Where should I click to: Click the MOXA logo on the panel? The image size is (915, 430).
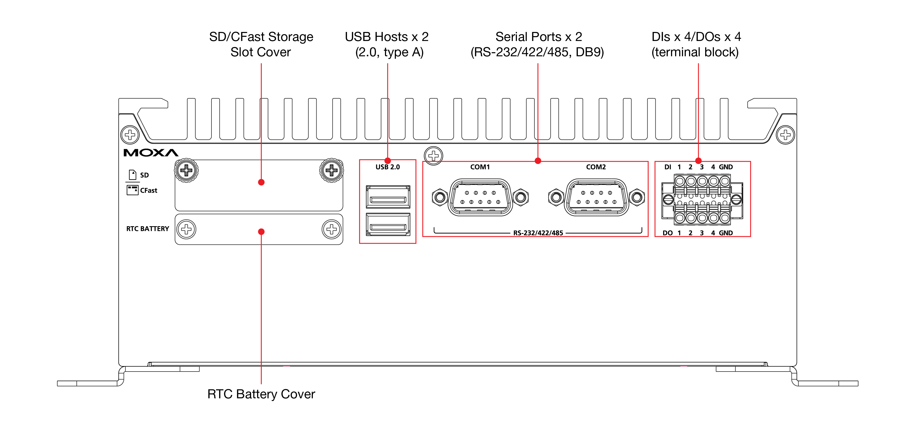click(x=151, y=153)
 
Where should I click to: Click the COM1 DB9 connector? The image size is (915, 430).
click(x=480, y=198)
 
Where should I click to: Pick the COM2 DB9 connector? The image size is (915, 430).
click(x=596, y=198)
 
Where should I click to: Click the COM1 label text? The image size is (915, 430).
click(x=480, y=167)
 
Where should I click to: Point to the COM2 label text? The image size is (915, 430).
click(x=596, y=167)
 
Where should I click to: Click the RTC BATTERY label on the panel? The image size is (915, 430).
click(x=148, y=229)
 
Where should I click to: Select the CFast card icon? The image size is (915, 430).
click(x=133, y=190)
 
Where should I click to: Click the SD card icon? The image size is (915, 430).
click(x=133, y=175)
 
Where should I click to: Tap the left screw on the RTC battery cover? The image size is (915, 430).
click(x=187, y=229)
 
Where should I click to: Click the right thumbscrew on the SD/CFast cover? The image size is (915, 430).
click(x=331, y=170)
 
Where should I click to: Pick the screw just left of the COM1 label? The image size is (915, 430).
click(x=433, y=155)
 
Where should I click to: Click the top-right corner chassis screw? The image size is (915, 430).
click(x=785, y=135)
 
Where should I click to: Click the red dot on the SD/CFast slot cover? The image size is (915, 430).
click(x=261, y=182)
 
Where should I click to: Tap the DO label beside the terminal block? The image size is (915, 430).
click(x=667, y=233)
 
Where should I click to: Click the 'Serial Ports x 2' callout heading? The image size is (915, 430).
click(x=539, y=37)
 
